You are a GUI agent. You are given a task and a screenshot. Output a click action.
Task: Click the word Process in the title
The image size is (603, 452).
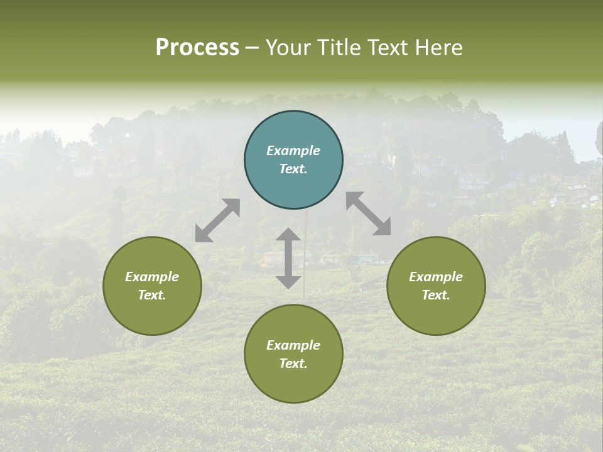point(197,48)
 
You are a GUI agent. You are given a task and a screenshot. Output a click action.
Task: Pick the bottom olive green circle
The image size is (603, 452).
point(293,383)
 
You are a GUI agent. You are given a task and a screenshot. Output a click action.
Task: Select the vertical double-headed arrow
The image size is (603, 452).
point(288,258)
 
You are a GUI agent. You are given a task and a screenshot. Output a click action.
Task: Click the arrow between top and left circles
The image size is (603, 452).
point(217,220)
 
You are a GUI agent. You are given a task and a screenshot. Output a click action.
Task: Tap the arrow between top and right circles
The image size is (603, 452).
point(369,213)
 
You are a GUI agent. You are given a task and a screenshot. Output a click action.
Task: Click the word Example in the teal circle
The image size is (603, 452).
point(293,151)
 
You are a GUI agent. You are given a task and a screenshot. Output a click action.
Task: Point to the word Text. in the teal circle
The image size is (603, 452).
point(293,169)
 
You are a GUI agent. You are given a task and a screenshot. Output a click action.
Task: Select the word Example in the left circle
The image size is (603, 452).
point(152,277)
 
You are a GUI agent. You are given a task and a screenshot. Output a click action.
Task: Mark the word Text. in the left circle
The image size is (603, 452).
point(152,295)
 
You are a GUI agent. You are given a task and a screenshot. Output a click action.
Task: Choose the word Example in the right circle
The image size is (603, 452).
point(436,277)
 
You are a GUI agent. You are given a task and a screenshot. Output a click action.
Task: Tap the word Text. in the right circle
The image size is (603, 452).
point(436,295)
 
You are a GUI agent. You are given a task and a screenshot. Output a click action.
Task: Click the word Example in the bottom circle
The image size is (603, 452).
point(293,345)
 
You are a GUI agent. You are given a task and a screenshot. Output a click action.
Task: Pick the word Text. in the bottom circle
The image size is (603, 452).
point(293,363)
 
